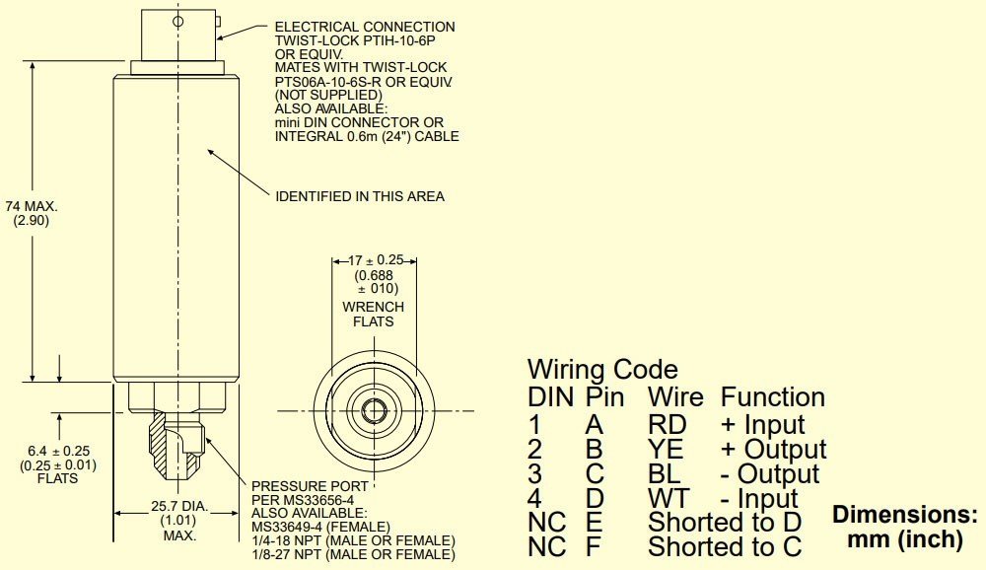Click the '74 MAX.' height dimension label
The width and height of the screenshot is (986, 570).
(32, 206)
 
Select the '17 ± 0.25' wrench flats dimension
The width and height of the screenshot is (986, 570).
(374, 261)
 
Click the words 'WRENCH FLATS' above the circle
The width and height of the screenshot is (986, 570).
(373, 314)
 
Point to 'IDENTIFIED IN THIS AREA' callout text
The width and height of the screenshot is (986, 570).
(360, 196)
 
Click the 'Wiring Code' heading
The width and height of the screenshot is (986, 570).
(602, 370)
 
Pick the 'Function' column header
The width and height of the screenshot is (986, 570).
(773, 397)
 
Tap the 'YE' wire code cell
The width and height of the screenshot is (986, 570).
(667, 449)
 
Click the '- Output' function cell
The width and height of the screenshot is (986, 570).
(770, 473)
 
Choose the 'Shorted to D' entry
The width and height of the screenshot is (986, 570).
(724, 522)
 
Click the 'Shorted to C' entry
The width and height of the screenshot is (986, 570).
(724, 545)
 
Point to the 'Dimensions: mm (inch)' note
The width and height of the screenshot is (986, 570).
(905, 528)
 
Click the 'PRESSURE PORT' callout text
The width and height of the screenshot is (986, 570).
(311, 486)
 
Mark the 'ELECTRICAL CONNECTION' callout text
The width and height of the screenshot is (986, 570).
(365, 27)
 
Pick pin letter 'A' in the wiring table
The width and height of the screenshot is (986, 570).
(596, 424)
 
